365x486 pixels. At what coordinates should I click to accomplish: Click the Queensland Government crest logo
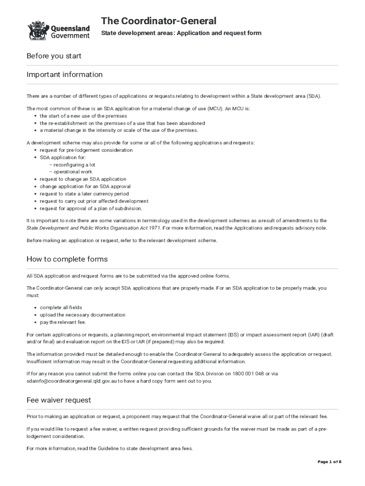[36, 30]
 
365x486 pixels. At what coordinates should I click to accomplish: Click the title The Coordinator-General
[158, 21]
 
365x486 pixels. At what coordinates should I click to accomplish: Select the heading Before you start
[54, 56]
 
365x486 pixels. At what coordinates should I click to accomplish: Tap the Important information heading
[64, 75]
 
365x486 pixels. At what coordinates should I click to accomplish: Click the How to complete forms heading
[67, 259]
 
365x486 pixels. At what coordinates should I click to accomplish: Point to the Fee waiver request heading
[59, 400]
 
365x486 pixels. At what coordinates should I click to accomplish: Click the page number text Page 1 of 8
[329, 462]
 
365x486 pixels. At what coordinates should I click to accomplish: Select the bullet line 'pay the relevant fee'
[63, 322]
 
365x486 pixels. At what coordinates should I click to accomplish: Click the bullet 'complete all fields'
[61, 308]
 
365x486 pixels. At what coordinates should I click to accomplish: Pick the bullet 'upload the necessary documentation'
[82, 315]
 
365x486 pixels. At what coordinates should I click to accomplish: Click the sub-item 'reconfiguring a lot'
[74, 165]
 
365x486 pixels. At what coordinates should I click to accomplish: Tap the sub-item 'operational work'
[73, 172]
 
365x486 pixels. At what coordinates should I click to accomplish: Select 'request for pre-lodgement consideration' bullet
[86, 150]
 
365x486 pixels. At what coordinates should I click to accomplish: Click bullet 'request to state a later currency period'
[84, 194]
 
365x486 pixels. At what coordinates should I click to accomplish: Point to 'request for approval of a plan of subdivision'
[91, 208]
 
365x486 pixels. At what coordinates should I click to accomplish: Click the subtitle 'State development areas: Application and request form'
[181, 33]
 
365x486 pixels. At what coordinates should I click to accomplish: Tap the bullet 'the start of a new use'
[83, 116]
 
